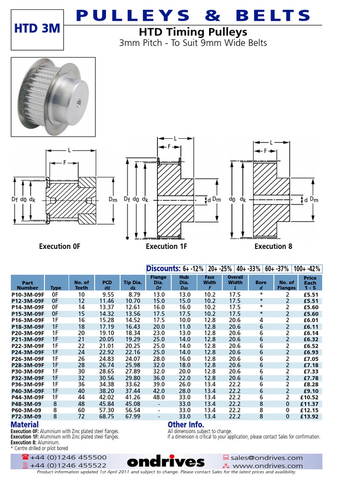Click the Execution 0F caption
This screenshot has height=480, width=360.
(60, 246)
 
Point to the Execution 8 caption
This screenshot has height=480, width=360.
(273, 246)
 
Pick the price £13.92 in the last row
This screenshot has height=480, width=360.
(310, 416)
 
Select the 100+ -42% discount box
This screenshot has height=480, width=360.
(307, 269)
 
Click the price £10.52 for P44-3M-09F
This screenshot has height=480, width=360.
(310, 397)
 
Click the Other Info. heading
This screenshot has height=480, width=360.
(186, 425)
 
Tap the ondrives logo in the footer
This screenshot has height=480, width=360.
(165, 461)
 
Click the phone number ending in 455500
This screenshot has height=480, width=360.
(68, 457)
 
